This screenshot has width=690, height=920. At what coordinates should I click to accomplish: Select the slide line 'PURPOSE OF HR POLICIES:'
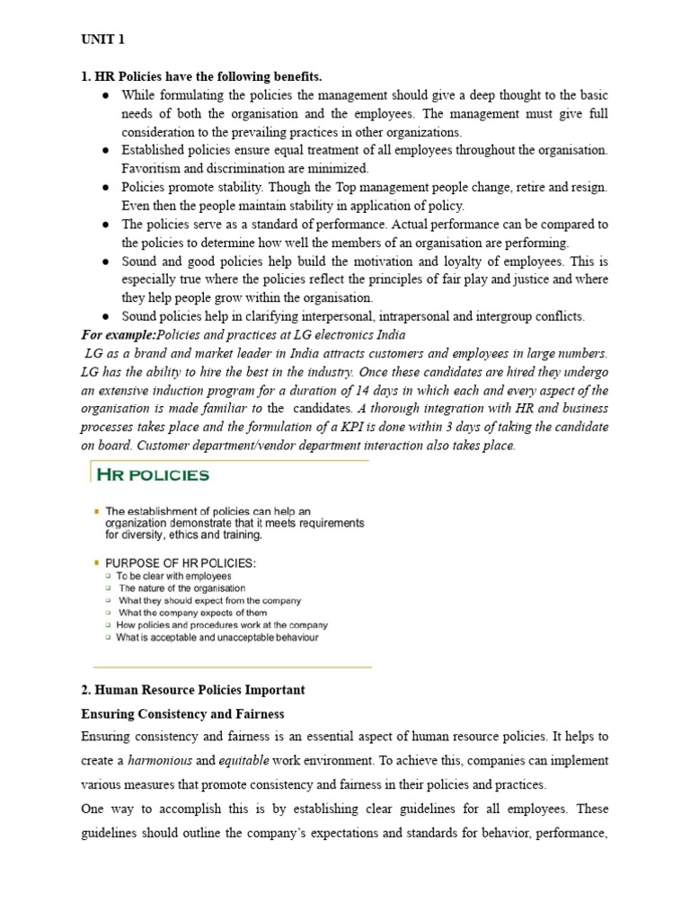pos(181,562)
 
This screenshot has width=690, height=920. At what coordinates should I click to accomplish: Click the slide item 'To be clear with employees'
pos(173,576)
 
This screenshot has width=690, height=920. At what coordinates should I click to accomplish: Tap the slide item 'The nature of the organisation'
pos(181,588)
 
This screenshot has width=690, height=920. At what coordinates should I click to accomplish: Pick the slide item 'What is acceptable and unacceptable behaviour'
pos(217,638)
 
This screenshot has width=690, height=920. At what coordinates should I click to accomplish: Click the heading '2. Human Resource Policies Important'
pos(193,690)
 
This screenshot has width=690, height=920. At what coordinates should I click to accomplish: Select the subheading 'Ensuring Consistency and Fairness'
pos(182,713)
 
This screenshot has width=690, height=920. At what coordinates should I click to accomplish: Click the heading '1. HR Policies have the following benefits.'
pos(201,76)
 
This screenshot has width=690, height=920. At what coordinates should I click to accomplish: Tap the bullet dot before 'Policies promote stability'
pos(105,187)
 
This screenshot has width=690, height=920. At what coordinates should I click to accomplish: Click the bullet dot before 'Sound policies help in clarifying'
pos(105,316)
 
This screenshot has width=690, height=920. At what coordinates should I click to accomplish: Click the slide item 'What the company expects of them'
pos(192,613)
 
